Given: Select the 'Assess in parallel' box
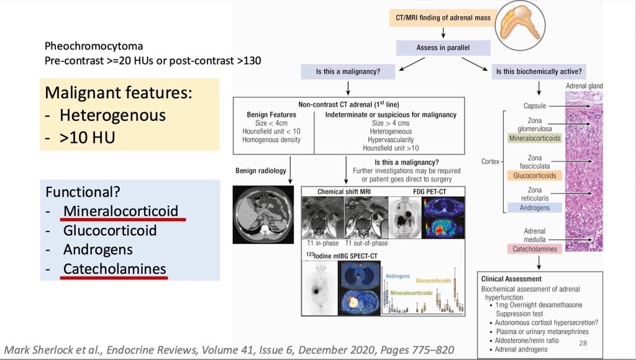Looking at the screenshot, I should [x=443, y=48].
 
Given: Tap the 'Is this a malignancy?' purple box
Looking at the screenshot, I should [x=348, y=71].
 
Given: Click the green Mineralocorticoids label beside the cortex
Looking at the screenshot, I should [x=535, y=138].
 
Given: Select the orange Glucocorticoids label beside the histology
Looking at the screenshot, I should [x=535, y=176].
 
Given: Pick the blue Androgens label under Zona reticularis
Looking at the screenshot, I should [x=535, y=208].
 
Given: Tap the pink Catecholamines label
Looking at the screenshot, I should [x=535, y=249].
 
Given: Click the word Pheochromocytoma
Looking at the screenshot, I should [x=94, y=47].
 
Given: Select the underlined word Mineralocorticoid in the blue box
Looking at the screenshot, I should [x=124, y=210].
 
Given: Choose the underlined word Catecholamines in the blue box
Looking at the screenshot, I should [x=114, y=269].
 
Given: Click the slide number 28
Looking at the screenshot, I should [x=583, y=343].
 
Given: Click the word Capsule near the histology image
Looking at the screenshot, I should [x=535, y=106].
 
